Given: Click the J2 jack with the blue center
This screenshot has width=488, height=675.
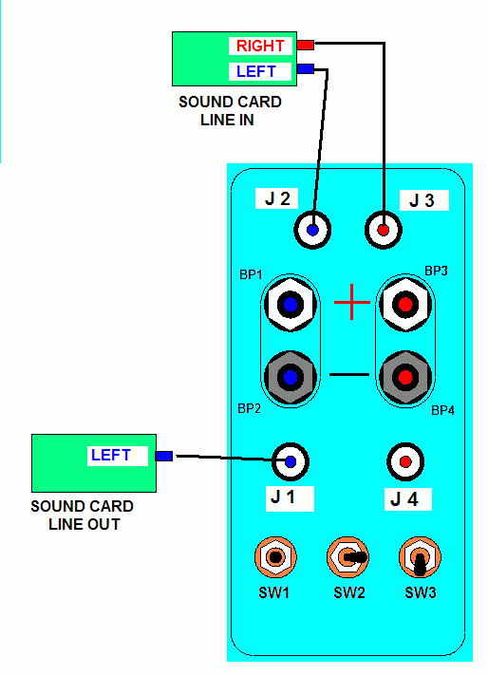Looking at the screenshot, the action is pyautogui.click(x=312, y=230).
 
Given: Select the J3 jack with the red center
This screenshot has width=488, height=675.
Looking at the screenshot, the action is pyautogui.click(x=383, y=230).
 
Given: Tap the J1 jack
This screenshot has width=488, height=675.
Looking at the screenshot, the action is pyautogui.click(x=291, y=462).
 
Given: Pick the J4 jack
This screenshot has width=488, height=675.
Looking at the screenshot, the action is pyautogui.click(x=405, y=462).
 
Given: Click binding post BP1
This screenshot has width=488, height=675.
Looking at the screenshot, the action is pyautogui.click(x=291, y=305).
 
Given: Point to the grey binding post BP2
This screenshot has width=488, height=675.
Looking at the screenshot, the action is pyautogui.click(x=291, y=377).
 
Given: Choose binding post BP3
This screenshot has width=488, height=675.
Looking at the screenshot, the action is pyautogui.click(x=405, y=305).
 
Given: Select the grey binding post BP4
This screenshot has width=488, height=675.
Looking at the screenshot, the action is pyautogui.click(x=405, y=377).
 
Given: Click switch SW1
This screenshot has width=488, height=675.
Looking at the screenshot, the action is pyautogui.click(x=275, y=557).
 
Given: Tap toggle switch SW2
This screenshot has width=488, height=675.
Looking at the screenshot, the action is pyautogui.click(x=347, y=557).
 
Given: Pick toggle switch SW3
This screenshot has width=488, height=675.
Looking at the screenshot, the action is pyautogui.click(x=420, y=557).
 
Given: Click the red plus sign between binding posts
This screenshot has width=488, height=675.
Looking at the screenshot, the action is pyautogui.click(x=352, y=302).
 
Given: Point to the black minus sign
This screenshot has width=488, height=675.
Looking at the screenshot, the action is pyautogui.click(x=349, y=374).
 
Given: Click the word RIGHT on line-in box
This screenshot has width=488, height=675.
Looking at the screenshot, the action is pyautogui.click(x=260, y=46).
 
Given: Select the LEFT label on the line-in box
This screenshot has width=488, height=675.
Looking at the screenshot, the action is pyautogui.click(x=256, y=71).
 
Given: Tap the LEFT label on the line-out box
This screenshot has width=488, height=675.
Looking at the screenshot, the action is pyautogui.click(x=110, y=455).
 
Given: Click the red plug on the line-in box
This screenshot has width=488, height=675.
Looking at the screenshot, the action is pyautogui.click(x=305, y=45).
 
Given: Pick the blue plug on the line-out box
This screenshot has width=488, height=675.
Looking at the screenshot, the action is pyautogui.click(x=164, y=456).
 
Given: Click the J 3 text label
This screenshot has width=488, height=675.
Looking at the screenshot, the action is pyautogui.click(x=422, y=200).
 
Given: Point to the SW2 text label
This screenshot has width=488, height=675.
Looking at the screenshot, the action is pyautogui.click(x=349, y=593).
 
